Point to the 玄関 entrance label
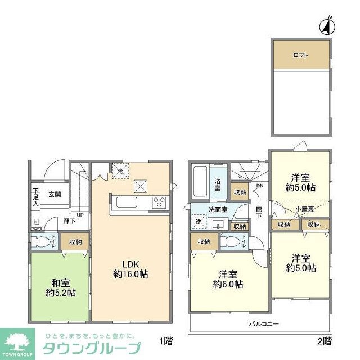(x=54, y=194)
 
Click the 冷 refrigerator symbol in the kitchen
(x=119, y=170)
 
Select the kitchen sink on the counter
(x=125, y=202)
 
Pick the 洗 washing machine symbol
(x=199, y=222)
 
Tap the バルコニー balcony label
(x=260, y=325)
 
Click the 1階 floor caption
(x=165, y=341)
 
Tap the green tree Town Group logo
(x=16, y=340)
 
